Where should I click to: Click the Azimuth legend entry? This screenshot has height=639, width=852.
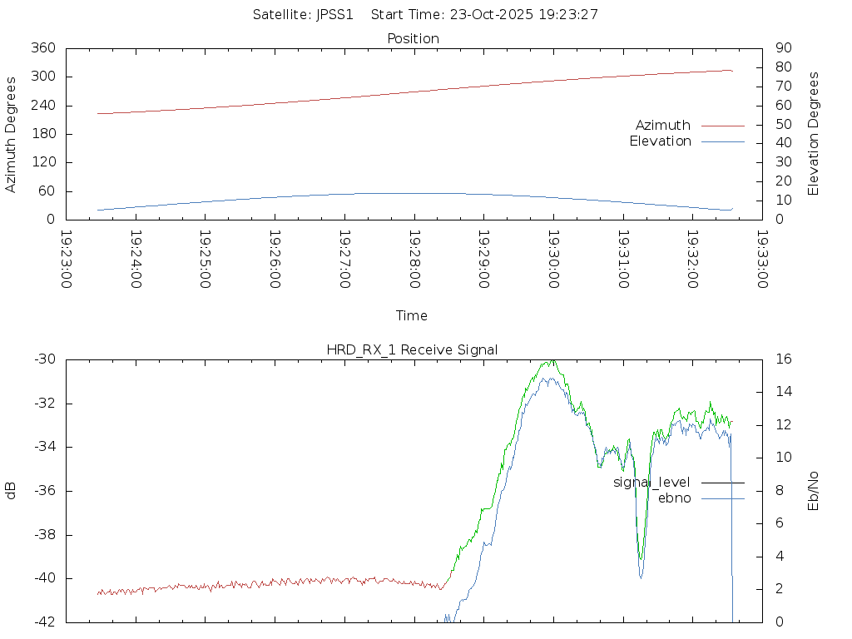(x=663, y=125)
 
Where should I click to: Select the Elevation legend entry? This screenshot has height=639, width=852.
(x=661, y=141)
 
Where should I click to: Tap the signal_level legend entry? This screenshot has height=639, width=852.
(x=651, y=483)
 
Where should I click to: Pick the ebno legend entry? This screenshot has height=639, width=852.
(x=675, y=498)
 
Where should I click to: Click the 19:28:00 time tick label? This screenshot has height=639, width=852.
(x=414, y=260)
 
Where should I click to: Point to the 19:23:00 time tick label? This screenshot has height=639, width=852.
(x=67, y=260)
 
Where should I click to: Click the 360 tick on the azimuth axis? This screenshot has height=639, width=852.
(x=42, y=48)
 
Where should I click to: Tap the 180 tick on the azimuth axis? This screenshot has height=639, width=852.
(x=42, y=134)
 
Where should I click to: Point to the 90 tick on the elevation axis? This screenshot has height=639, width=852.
(x=782, y=48)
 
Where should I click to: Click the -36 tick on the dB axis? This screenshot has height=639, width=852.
(x=43, y=491)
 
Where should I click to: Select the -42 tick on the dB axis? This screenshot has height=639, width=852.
(x=43, y=622)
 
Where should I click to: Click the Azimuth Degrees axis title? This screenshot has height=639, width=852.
(x=11, y=134)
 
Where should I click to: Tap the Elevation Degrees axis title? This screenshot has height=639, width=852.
(x=814, y=134)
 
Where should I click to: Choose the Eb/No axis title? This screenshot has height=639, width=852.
(x=814, y=491)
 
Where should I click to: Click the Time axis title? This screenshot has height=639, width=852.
(x=412, y=316)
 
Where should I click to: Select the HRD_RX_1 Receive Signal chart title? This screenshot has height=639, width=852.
(x=412, y=349)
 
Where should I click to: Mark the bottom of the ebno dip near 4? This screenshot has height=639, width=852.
(x=641, y=577)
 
